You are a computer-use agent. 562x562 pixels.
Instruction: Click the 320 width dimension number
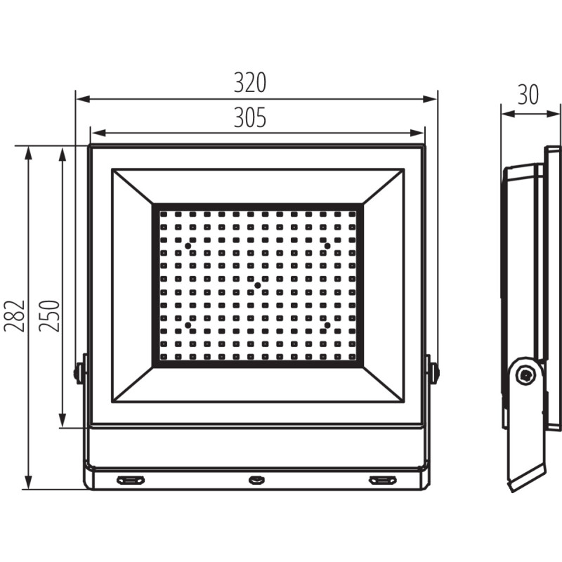tap(250, 83)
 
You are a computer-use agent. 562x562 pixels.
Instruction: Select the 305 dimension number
tap(250, 118)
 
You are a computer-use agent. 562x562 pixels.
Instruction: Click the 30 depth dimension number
tap(528, 94)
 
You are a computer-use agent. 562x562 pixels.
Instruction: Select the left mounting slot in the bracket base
tap(130, 481)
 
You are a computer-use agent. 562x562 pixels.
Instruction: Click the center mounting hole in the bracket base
tap(256, 481)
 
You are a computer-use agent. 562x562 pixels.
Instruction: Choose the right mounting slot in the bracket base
tap(382, 481)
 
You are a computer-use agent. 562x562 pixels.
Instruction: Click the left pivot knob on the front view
tap(79, 372)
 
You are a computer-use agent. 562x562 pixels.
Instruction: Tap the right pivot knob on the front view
tap(434, 372)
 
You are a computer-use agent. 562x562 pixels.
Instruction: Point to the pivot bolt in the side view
tap(523, 376)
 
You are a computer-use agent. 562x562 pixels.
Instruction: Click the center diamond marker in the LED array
tap(257, 285)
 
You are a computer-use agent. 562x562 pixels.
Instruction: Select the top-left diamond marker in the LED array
tap(188, 244)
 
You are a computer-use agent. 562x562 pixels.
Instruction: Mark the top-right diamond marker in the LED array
tap(326, 244)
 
